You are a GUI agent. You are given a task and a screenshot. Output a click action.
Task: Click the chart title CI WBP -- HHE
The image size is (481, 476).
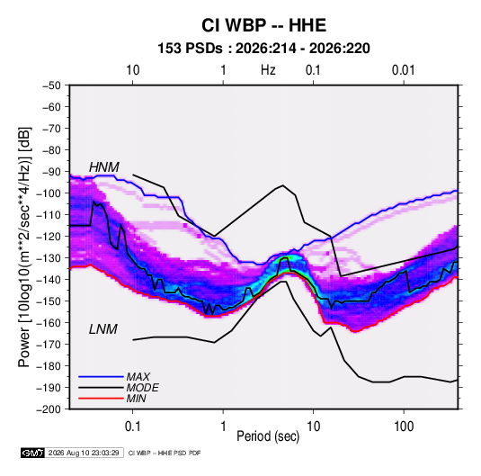point(263,25)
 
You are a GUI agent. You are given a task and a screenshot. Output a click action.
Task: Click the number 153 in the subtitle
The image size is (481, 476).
point(168,49)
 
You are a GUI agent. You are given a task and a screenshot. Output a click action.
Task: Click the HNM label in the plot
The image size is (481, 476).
point(104,167)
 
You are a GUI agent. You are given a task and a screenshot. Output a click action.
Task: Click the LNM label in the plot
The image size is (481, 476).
point(103,329)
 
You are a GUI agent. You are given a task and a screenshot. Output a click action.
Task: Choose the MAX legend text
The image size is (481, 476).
point(138,377)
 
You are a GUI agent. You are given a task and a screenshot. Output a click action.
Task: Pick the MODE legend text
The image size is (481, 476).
point(143,388)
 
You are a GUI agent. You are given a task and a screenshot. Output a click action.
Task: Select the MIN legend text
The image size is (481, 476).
point(136,399)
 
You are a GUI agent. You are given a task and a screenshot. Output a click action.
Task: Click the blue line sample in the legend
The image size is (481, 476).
point(101,377)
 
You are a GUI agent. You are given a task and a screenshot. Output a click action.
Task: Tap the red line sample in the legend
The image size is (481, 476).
point(101,399)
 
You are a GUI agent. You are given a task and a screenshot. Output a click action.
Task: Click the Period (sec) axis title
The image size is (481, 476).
point(268,436)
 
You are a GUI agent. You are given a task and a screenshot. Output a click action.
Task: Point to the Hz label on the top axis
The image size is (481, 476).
point(268,70)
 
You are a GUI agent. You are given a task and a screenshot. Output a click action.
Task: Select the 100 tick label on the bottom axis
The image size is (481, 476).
point(404,427)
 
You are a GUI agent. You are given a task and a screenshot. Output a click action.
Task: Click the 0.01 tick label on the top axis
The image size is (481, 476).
point(404,70)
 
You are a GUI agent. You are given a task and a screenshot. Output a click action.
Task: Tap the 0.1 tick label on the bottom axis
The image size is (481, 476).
point(133,427)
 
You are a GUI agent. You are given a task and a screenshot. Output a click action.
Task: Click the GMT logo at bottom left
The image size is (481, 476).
point(33,453)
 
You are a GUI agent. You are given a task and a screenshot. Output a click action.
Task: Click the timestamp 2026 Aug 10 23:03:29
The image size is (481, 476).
point(84,453)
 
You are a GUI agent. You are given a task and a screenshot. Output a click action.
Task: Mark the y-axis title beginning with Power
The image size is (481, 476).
point(24,247)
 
